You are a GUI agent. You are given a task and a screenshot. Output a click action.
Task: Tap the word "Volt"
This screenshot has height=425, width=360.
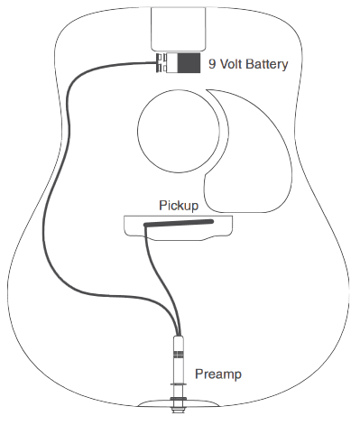click(228, 64)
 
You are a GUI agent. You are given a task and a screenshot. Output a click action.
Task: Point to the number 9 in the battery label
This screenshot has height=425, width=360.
click(212, 64)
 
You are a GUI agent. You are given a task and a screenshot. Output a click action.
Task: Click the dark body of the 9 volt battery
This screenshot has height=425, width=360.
click(189, 64)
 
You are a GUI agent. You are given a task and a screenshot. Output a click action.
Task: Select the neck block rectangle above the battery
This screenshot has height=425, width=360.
click(180, 28)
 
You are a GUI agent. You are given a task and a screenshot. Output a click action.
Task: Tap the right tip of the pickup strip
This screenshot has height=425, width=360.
click(212, 219)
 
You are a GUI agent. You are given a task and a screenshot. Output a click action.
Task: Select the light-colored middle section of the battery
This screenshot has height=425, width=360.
click(171, 64)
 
